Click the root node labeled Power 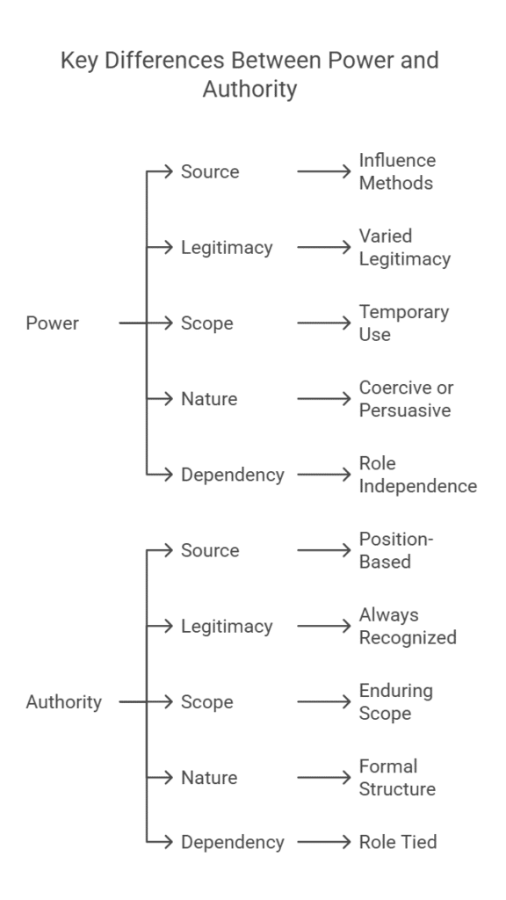pos(53,323)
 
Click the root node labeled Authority pos(63,702)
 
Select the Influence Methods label pos(397,171)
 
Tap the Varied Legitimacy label pos(404,247)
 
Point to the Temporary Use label pos(403,323)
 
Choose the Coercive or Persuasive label pos(406,398)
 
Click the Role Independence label pos(417,475)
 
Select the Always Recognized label pos(408,626)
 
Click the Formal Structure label pos(397,778)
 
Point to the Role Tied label pos(397,842)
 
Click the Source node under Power pos(210,171)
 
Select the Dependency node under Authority pos(233,842)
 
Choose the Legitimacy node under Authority pos(227,627)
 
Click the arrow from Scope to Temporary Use pos(324,323)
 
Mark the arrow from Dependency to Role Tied pos(324,842)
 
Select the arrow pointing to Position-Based pos(324,551)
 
